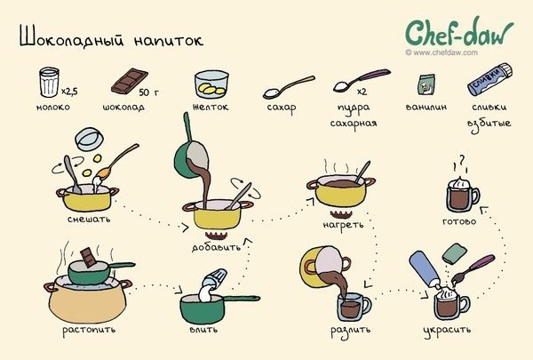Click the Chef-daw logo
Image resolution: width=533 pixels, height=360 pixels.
coord(459,32)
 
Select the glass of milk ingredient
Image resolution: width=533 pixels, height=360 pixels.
coord(49,82)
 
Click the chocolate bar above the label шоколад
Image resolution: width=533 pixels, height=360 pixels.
coord(130,81)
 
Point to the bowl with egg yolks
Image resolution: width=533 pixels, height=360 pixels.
coord(211,84)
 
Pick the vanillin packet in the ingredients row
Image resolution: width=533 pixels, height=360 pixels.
coord(426,84)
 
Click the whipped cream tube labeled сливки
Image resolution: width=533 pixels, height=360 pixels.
coord(489,80)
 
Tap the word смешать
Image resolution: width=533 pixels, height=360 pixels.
coord(89,219)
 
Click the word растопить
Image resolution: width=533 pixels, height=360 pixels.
coord(89,330)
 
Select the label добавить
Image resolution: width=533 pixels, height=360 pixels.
coord(216,247)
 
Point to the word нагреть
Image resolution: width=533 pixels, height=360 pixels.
coord(343,225)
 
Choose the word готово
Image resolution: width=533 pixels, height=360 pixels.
coord(459,221)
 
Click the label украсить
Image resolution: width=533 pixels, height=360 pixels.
coord(448,330)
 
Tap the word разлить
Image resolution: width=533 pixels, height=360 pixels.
coord(351,330)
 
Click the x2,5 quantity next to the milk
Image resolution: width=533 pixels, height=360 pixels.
coord(69,92)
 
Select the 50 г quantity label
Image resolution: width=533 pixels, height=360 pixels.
coord(148,92)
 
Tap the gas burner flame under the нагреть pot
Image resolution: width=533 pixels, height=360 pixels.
coord(341,215)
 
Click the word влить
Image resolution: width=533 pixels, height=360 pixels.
coord(203,330)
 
